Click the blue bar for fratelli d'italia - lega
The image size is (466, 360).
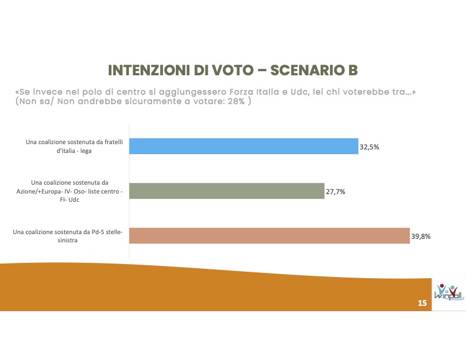pyautogui.click(x=244, y=146)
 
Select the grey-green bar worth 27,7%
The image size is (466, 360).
pyautogui.click(x=227, y=191)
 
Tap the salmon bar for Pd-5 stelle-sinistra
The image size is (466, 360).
pyautogui.click(x=269, y=235)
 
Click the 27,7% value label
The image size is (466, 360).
pyautogui.click(x=336, y=191)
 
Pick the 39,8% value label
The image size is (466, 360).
pyautogui.click(x=421, y=236)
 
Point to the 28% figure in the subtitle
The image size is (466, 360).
pyautogui.click(x=239, y=101)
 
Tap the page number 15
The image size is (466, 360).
pyautogui.click(x=422, y=303)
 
